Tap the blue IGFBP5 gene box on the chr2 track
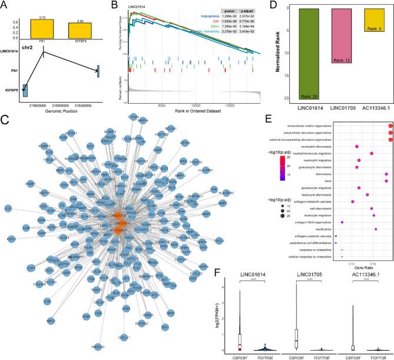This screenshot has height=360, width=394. coord(25,90)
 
